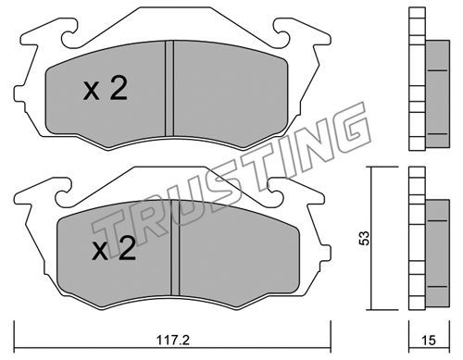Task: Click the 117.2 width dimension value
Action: (172, 341)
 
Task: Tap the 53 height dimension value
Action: (364, 238)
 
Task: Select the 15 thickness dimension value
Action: (429, 341)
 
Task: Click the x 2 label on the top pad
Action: (106, 88)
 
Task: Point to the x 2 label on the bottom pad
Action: (114, 248)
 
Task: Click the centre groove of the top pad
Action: (169, 88)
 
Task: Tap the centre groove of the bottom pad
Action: (175, 248)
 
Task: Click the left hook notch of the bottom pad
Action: (63, 197)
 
